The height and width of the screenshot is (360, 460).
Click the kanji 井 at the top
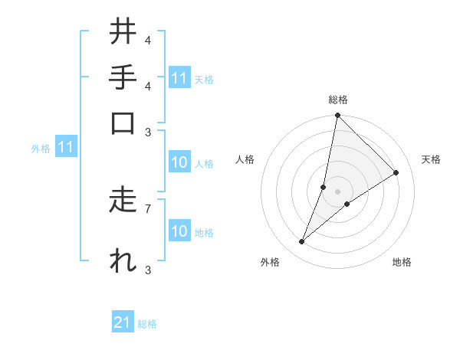click(123, 32)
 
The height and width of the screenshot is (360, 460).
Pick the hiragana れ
click(123, 260)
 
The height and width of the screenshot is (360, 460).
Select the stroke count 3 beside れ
click(147, 270)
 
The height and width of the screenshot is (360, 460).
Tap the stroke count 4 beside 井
click(147, 40)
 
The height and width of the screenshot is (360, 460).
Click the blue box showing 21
click(123, 323)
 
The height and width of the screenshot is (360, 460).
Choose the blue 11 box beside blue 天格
click(179, 78)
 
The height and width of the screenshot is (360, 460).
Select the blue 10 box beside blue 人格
click(179, 163)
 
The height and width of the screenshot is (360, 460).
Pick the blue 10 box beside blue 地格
click(179, 232)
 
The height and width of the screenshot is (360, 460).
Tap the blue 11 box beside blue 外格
click(65, 148)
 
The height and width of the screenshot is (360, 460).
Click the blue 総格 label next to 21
click(147, 324)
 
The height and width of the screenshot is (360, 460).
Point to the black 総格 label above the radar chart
click(337, 100)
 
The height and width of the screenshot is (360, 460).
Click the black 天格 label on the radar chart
click(431, 159)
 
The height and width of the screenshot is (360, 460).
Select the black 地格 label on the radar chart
click(402, 262)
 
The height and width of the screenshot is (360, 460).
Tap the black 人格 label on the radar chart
click(245, 159)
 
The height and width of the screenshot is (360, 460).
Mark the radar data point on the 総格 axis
click(337, 115)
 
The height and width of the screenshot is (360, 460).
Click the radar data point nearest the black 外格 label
click(301, 242)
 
